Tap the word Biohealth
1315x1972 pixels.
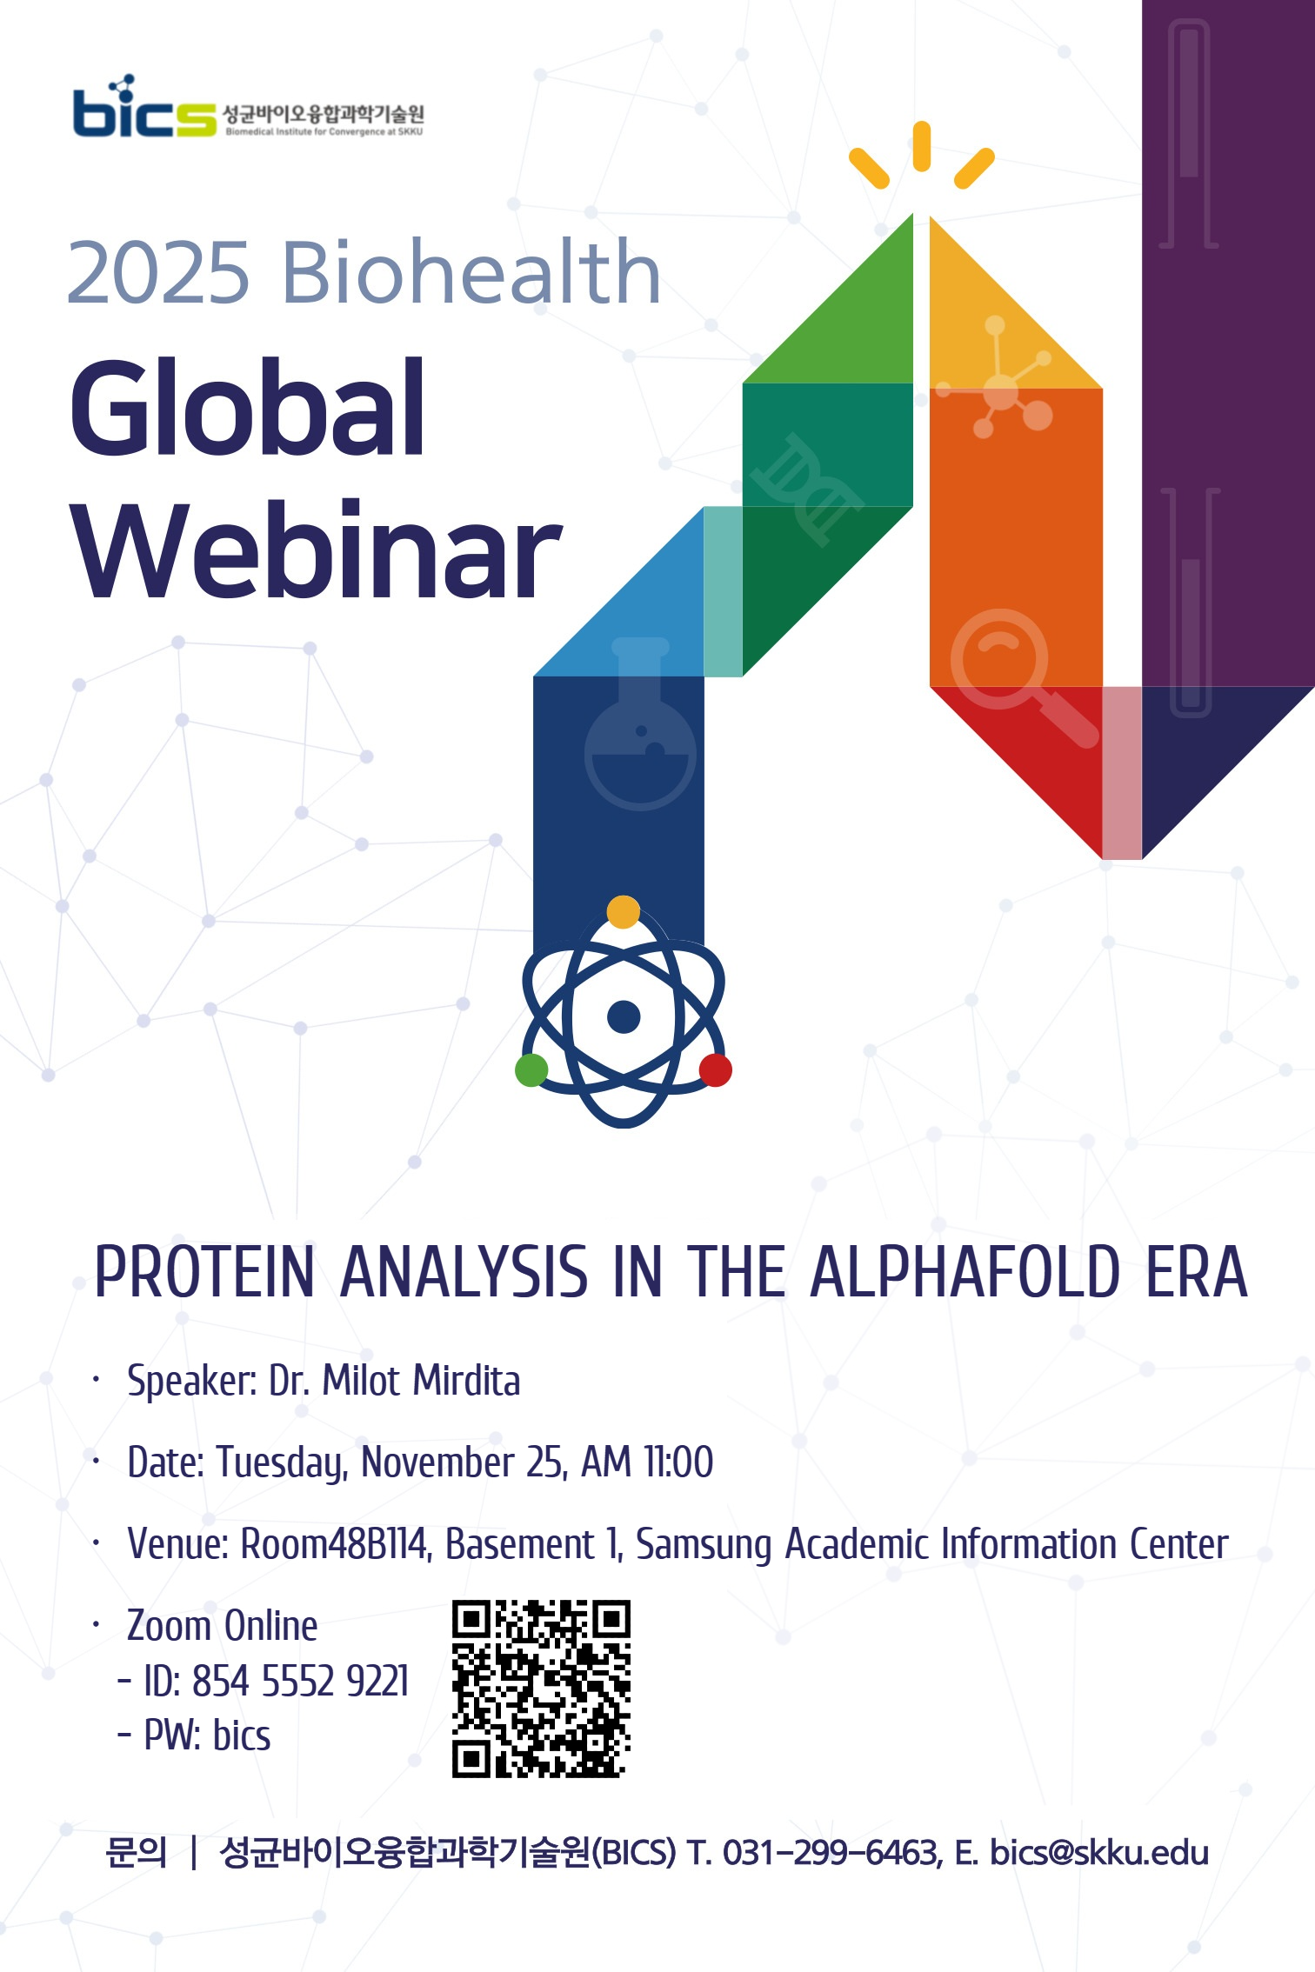471,273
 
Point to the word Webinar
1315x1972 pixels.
317,552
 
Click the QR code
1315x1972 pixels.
540,1688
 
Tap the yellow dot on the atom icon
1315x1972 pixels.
623,912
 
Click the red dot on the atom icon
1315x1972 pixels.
715,1069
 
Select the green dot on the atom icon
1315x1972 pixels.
531,1069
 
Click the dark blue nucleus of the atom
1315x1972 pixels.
623,1016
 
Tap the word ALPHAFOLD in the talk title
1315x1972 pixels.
965,1272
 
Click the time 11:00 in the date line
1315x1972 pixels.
678,1462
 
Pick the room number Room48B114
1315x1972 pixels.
334,1544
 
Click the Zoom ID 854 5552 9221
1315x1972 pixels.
300,1681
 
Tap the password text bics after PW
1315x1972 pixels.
242,1735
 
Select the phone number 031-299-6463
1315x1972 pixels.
831,1853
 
